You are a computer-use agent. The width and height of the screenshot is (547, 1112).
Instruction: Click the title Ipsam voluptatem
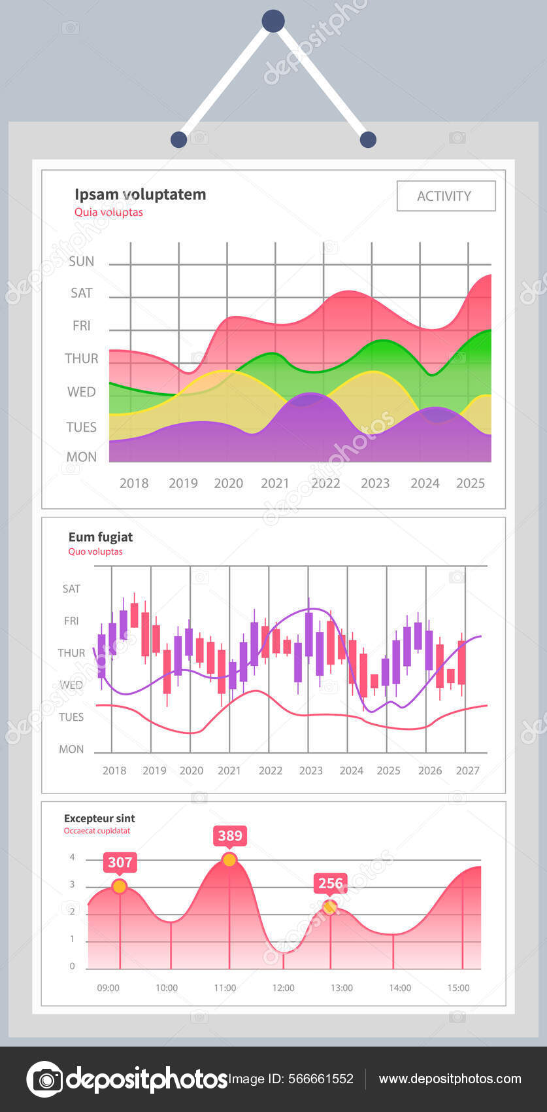pos(140,194)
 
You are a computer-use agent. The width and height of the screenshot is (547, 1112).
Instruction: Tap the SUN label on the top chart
pos(82,261)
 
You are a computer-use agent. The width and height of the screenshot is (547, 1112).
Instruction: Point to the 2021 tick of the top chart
pos(274,483)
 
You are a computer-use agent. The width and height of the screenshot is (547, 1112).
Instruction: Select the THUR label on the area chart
pos(82,358)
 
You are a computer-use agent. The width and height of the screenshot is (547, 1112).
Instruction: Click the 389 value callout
pos(230,835)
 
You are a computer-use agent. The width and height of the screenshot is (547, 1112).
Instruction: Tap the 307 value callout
pos(120,862)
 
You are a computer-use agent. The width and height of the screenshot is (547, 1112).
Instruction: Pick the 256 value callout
pos(330,883)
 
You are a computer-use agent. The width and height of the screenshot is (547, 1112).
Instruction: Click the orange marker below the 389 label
pos(229,860)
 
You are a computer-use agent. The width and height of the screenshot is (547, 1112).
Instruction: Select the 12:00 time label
pos(283,988)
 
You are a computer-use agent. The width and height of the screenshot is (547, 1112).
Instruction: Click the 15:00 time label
pos(458,988)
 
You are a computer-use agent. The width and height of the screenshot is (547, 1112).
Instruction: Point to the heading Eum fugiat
pos(101,537)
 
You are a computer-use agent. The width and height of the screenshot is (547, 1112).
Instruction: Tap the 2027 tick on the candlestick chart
pos(467,771)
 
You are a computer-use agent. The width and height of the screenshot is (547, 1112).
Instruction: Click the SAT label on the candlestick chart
pos(71,589)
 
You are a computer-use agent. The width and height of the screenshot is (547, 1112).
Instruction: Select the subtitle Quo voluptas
pos(95,551)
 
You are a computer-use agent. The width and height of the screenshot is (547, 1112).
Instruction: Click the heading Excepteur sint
pos(99,818)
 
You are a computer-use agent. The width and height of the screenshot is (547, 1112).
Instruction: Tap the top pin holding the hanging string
pos(273,21)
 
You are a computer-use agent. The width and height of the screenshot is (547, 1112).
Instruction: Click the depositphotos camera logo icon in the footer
pos(44,1079)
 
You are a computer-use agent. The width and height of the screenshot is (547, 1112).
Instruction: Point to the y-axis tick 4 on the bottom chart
pos(73,858)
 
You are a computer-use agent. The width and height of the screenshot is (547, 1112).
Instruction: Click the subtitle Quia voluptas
pos(108,212)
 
